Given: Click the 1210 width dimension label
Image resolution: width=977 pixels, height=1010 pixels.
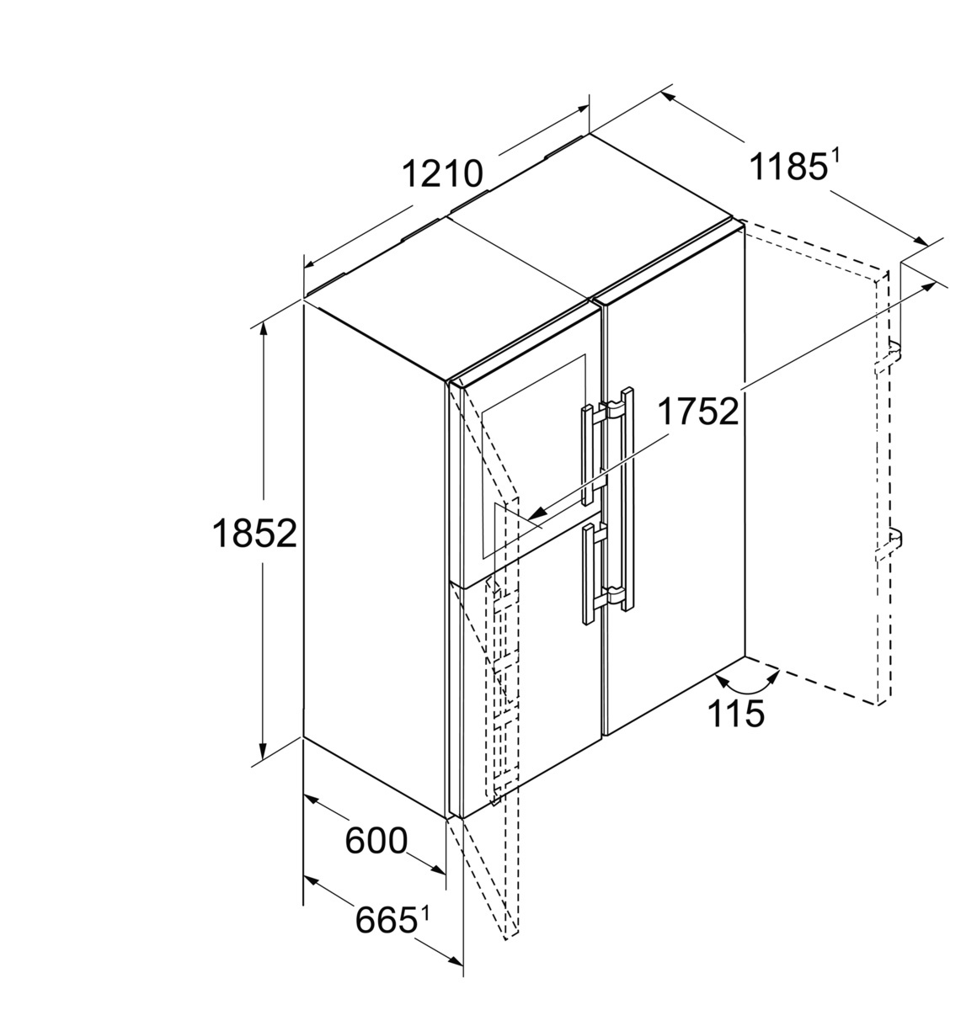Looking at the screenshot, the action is (x=441, y=174).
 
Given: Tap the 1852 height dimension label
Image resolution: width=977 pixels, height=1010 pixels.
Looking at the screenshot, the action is (x=254, y=534).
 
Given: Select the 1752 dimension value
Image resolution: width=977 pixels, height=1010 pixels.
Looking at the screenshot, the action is (x=697, y=412).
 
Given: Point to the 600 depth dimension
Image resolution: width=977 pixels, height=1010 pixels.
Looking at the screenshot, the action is (x=376, y=840).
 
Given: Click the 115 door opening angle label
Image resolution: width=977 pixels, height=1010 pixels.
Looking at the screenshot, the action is (x=735, y=714).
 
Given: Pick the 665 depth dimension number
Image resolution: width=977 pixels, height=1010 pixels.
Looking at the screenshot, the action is (x=386, y=919).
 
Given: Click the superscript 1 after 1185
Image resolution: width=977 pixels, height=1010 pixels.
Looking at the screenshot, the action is (x=836, y=155).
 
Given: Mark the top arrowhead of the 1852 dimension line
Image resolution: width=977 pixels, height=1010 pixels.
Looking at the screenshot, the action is (x=264, y=331).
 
